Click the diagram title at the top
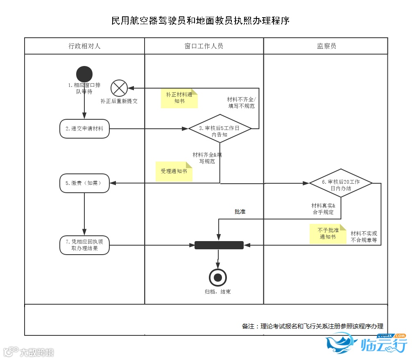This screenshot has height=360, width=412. coord(200,21)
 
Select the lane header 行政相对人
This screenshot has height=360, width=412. coord(84,46)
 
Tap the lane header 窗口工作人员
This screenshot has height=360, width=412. coord(204,46)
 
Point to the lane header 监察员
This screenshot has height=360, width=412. coord(326,46)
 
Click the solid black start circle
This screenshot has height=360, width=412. coord(84,74)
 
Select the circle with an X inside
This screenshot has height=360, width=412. coord(119,88)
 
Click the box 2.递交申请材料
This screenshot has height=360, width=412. coord(84,129)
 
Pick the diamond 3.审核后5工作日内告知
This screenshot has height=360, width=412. coord(220,129)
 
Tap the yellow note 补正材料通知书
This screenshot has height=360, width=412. coord(179,98)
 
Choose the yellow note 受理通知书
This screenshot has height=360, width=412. coord(174,171)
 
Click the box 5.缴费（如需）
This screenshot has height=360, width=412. coord(84,183)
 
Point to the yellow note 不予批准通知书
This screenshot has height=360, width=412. coord(328,234)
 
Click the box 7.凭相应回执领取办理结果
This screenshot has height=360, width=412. coord(84,245)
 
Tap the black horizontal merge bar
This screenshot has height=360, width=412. coord(219,245)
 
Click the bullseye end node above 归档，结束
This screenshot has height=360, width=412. coord(218,278)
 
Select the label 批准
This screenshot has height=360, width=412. coord(240,212)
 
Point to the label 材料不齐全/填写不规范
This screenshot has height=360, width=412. coord(241,103)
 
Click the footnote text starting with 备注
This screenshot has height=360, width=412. coord(312,326)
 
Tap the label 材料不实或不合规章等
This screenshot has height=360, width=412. coord(364,237)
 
